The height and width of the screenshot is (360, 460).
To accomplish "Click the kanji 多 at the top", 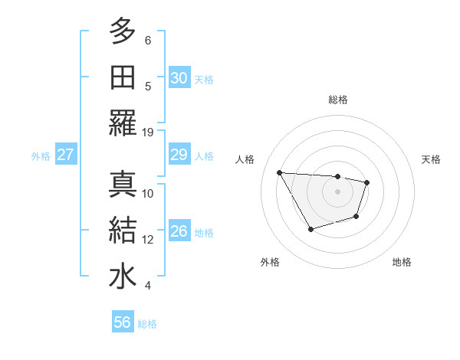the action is [123, 31].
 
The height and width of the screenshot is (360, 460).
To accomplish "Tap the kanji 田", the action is [123, 77].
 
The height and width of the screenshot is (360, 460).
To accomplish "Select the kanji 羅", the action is [123, 123].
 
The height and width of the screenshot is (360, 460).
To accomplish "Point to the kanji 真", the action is [123, 184].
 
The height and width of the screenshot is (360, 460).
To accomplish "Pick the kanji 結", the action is [123, 231].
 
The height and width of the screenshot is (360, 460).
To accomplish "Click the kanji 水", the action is [123, 277].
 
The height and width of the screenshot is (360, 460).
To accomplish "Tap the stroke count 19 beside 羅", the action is [148, 132].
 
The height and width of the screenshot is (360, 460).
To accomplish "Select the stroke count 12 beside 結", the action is [148, 240].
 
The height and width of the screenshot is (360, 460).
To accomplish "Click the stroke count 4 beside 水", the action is [148, 286].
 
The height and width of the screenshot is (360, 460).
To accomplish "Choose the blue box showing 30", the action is [179, 78].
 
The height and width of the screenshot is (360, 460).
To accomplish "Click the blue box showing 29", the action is [179, 155].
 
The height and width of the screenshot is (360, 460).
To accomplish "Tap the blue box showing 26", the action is [179, 232].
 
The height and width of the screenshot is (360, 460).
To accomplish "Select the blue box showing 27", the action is [66, 155].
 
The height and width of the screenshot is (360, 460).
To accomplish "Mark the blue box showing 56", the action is [122, 322].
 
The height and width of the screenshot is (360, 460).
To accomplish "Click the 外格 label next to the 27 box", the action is [41, 156].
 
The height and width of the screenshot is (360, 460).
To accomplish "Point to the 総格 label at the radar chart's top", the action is [337, 100].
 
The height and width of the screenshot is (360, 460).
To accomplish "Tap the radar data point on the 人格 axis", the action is [280, 172].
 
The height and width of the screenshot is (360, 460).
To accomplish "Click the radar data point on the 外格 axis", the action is [310, 229].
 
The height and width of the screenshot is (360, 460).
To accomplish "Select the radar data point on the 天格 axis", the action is [367, 182].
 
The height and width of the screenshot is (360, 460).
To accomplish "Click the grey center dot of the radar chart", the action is [337, 191].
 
